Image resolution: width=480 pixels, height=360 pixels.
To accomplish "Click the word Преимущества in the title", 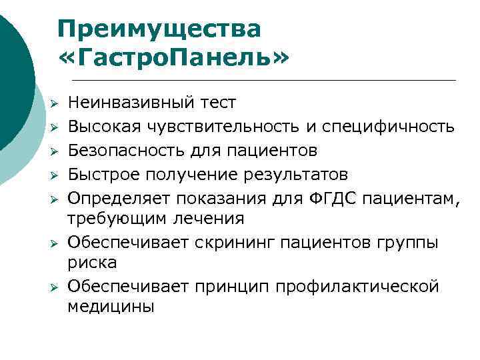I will click(x=159, y=29).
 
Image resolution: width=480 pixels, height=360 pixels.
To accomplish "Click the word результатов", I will click(x=298, y=174).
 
